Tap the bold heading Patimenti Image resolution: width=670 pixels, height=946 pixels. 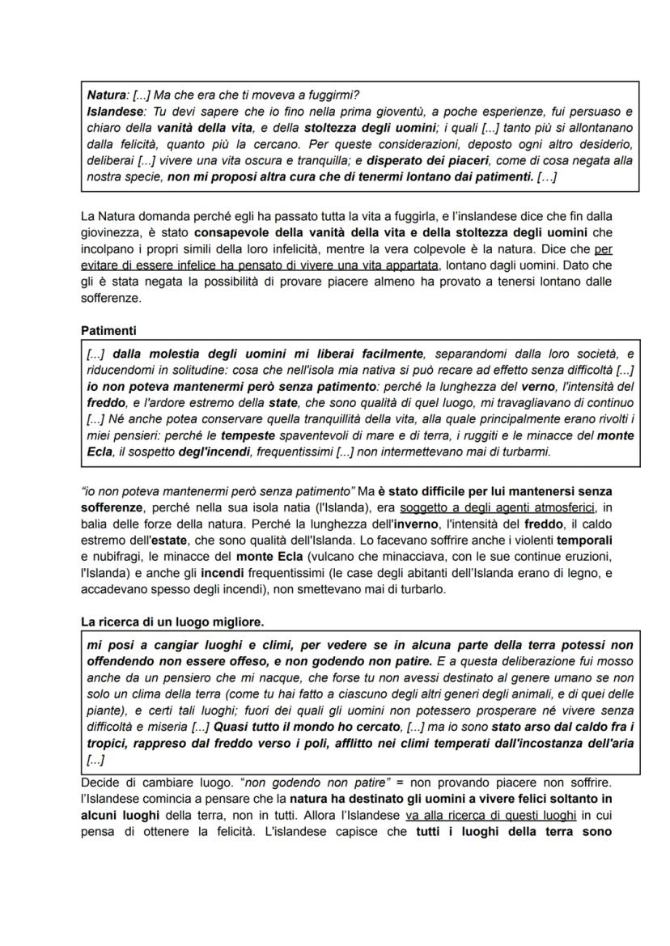pyautogui.click(x=109, y=331)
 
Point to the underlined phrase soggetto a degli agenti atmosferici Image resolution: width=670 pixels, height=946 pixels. pyautogui.click(x=498, y=507)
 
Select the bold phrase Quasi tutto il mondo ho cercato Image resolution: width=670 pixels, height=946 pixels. pyautogui.click(x=282, y=725)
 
